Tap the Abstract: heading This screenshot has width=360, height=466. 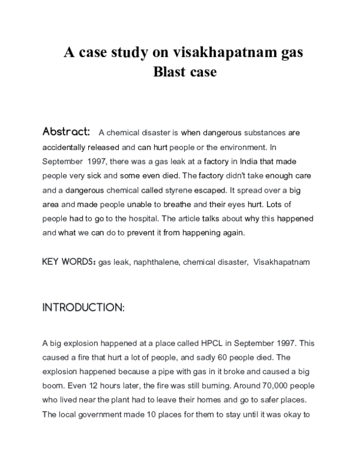click(66, 132)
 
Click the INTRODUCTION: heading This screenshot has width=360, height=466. click(83, 308)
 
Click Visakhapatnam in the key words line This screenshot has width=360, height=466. click(281, 262)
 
